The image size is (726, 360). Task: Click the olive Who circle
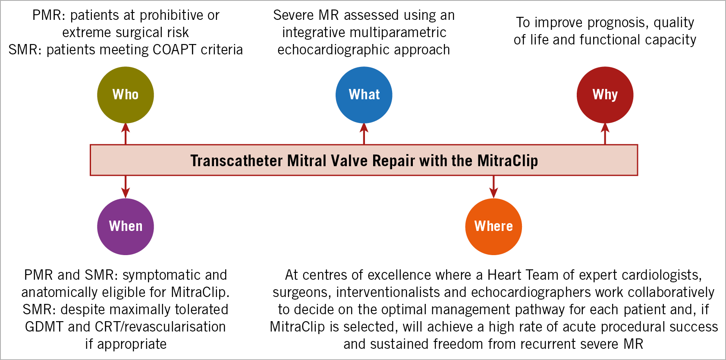(126, 95)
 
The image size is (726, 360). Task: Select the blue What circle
(364, 95)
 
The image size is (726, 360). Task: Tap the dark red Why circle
(605, 95)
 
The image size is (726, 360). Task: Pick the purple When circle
(126, 227)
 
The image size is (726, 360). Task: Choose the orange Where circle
(493, 227)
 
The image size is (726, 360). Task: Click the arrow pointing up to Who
(126, 134)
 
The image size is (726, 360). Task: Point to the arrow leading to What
(364, 134)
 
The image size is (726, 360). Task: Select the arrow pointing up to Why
(605, 134)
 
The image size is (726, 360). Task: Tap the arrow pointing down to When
(126, 187)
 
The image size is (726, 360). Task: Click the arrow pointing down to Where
(493, 187)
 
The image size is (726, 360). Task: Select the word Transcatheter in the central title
(236, 161)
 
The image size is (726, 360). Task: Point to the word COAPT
(174, 50)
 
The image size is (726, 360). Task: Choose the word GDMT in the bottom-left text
(44, 327)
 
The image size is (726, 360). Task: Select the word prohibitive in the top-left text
(167, 16)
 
